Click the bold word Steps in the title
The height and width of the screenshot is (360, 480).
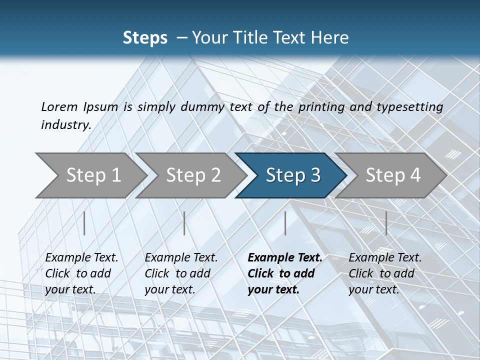coord(145,37)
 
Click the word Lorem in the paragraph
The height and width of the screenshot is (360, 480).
coord(59,106)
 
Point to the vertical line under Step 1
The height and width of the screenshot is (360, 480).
coord(84,223)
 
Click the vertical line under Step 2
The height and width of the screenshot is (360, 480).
coord(184,223)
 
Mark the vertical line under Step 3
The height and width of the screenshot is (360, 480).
coord(285,223)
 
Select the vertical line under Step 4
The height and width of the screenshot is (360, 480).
coord(386,223)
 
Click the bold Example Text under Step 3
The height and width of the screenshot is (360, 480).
coord(285,257)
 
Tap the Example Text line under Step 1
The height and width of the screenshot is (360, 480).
coord(81,257)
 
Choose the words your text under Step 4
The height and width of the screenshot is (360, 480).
coord(373,289)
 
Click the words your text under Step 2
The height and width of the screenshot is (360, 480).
coord(169,289)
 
